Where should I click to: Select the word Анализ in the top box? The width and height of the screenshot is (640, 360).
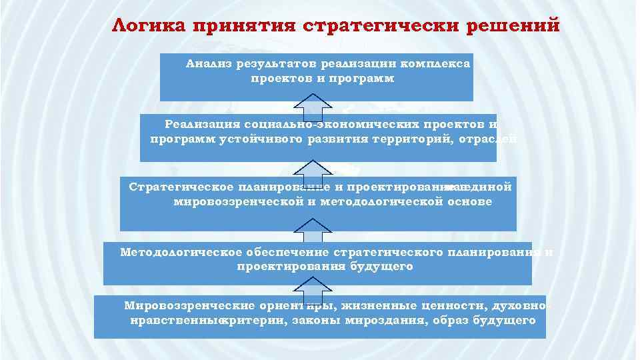click(x=208, y=65)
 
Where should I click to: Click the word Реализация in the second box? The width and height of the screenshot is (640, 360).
click(x=201, y=125)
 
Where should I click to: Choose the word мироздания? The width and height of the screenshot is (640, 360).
click(x=391, y=321)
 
